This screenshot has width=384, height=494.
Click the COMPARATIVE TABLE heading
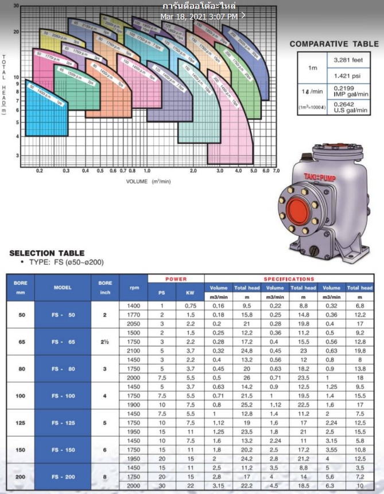(334, 44)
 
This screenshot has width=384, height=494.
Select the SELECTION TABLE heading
(47, 253)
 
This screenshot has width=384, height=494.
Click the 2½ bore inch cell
(105, 342)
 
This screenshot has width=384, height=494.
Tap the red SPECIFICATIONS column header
(289, 279)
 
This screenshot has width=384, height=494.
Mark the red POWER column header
(176, 279)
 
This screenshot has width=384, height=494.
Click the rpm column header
(134, 287)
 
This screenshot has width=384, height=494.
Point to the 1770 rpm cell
(134, 315)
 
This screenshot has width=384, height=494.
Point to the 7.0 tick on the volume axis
(276, 171)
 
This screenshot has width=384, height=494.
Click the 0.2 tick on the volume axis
(40, 171)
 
